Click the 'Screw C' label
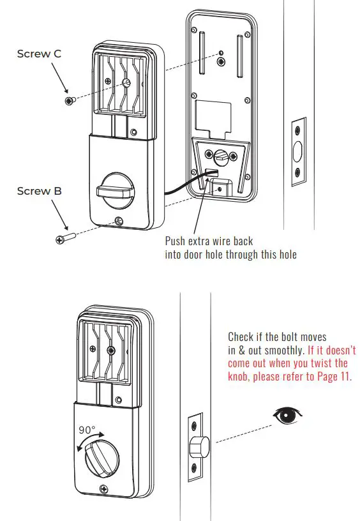coord(39,54)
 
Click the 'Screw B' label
coord(39,191)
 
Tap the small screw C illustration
coord(69,100)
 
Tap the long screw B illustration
coord(66,238)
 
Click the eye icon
coord(287,416)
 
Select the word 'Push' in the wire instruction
coord(177,241)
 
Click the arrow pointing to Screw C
coord(59,80)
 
